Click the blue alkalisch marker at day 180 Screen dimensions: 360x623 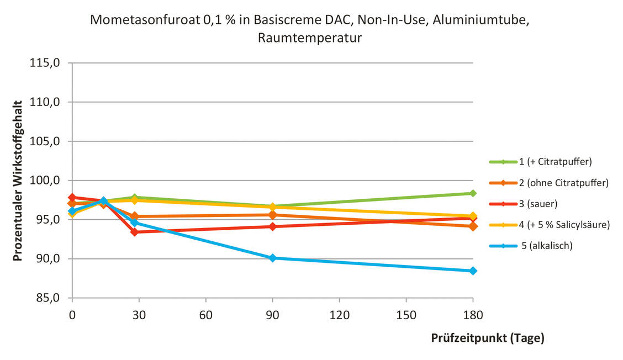tap(473, 271)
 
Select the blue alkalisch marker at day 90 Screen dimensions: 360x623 tap(272, 258)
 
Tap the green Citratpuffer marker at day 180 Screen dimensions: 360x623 tap(473, 193)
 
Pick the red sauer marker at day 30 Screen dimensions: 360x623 tap(134, 232)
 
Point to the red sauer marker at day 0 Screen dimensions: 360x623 tap(72, 197)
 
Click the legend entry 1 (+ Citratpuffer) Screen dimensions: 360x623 tap(555, 162)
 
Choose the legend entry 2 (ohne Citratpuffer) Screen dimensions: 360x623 tap(563, 183)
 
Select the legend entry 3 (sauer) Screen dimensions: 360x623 tap(538, 204)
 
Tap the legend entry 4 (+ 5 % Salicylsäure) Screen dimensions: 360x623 tap(564, 225)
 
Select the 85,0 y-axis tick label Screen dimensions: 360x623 tap(47, 298)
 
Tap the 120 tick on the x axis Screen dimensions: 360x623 tap(339, 315)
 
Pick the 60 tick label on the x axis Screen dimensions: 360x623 tap(205, 315)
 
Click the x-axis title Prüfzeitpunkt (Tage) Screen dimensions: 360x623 tap(487, 338)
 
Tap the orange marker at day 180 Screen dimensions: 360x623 tap(473, 226)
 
